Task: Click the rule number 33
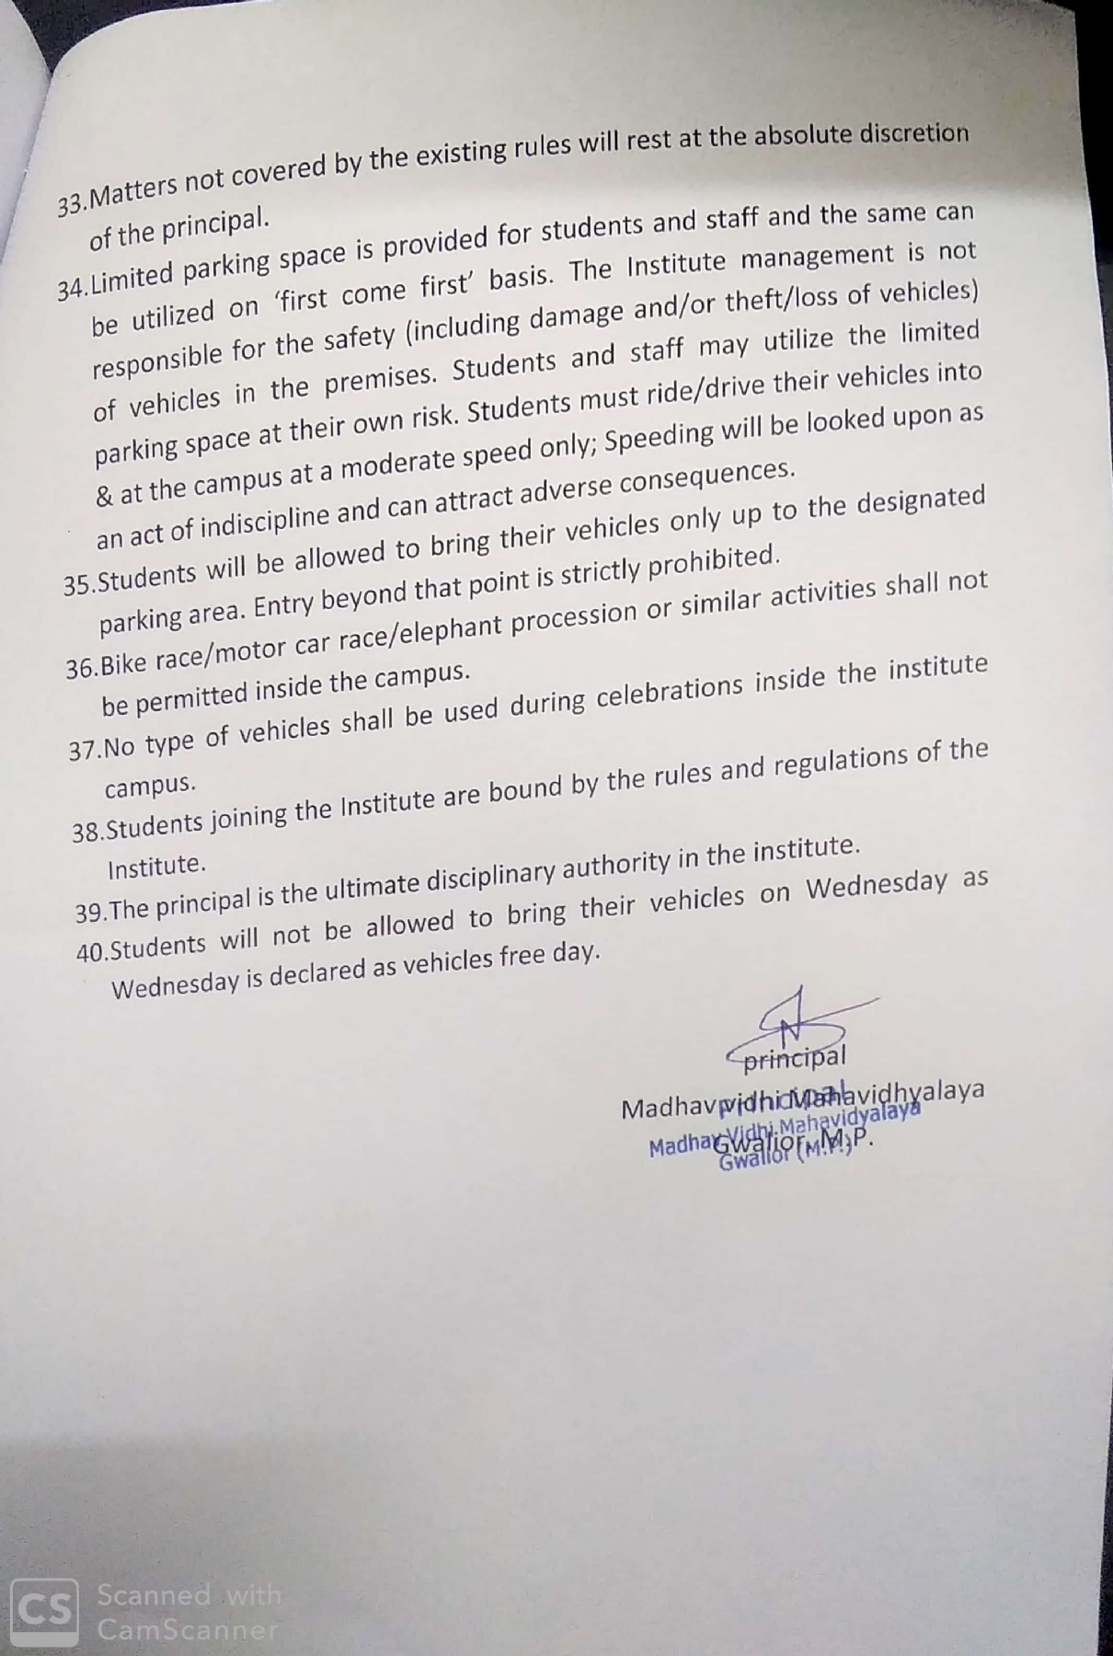coord(70,203)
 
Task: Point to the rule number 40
coord(91,952)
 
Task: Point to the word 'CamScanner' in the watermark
coord(188,1629)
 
